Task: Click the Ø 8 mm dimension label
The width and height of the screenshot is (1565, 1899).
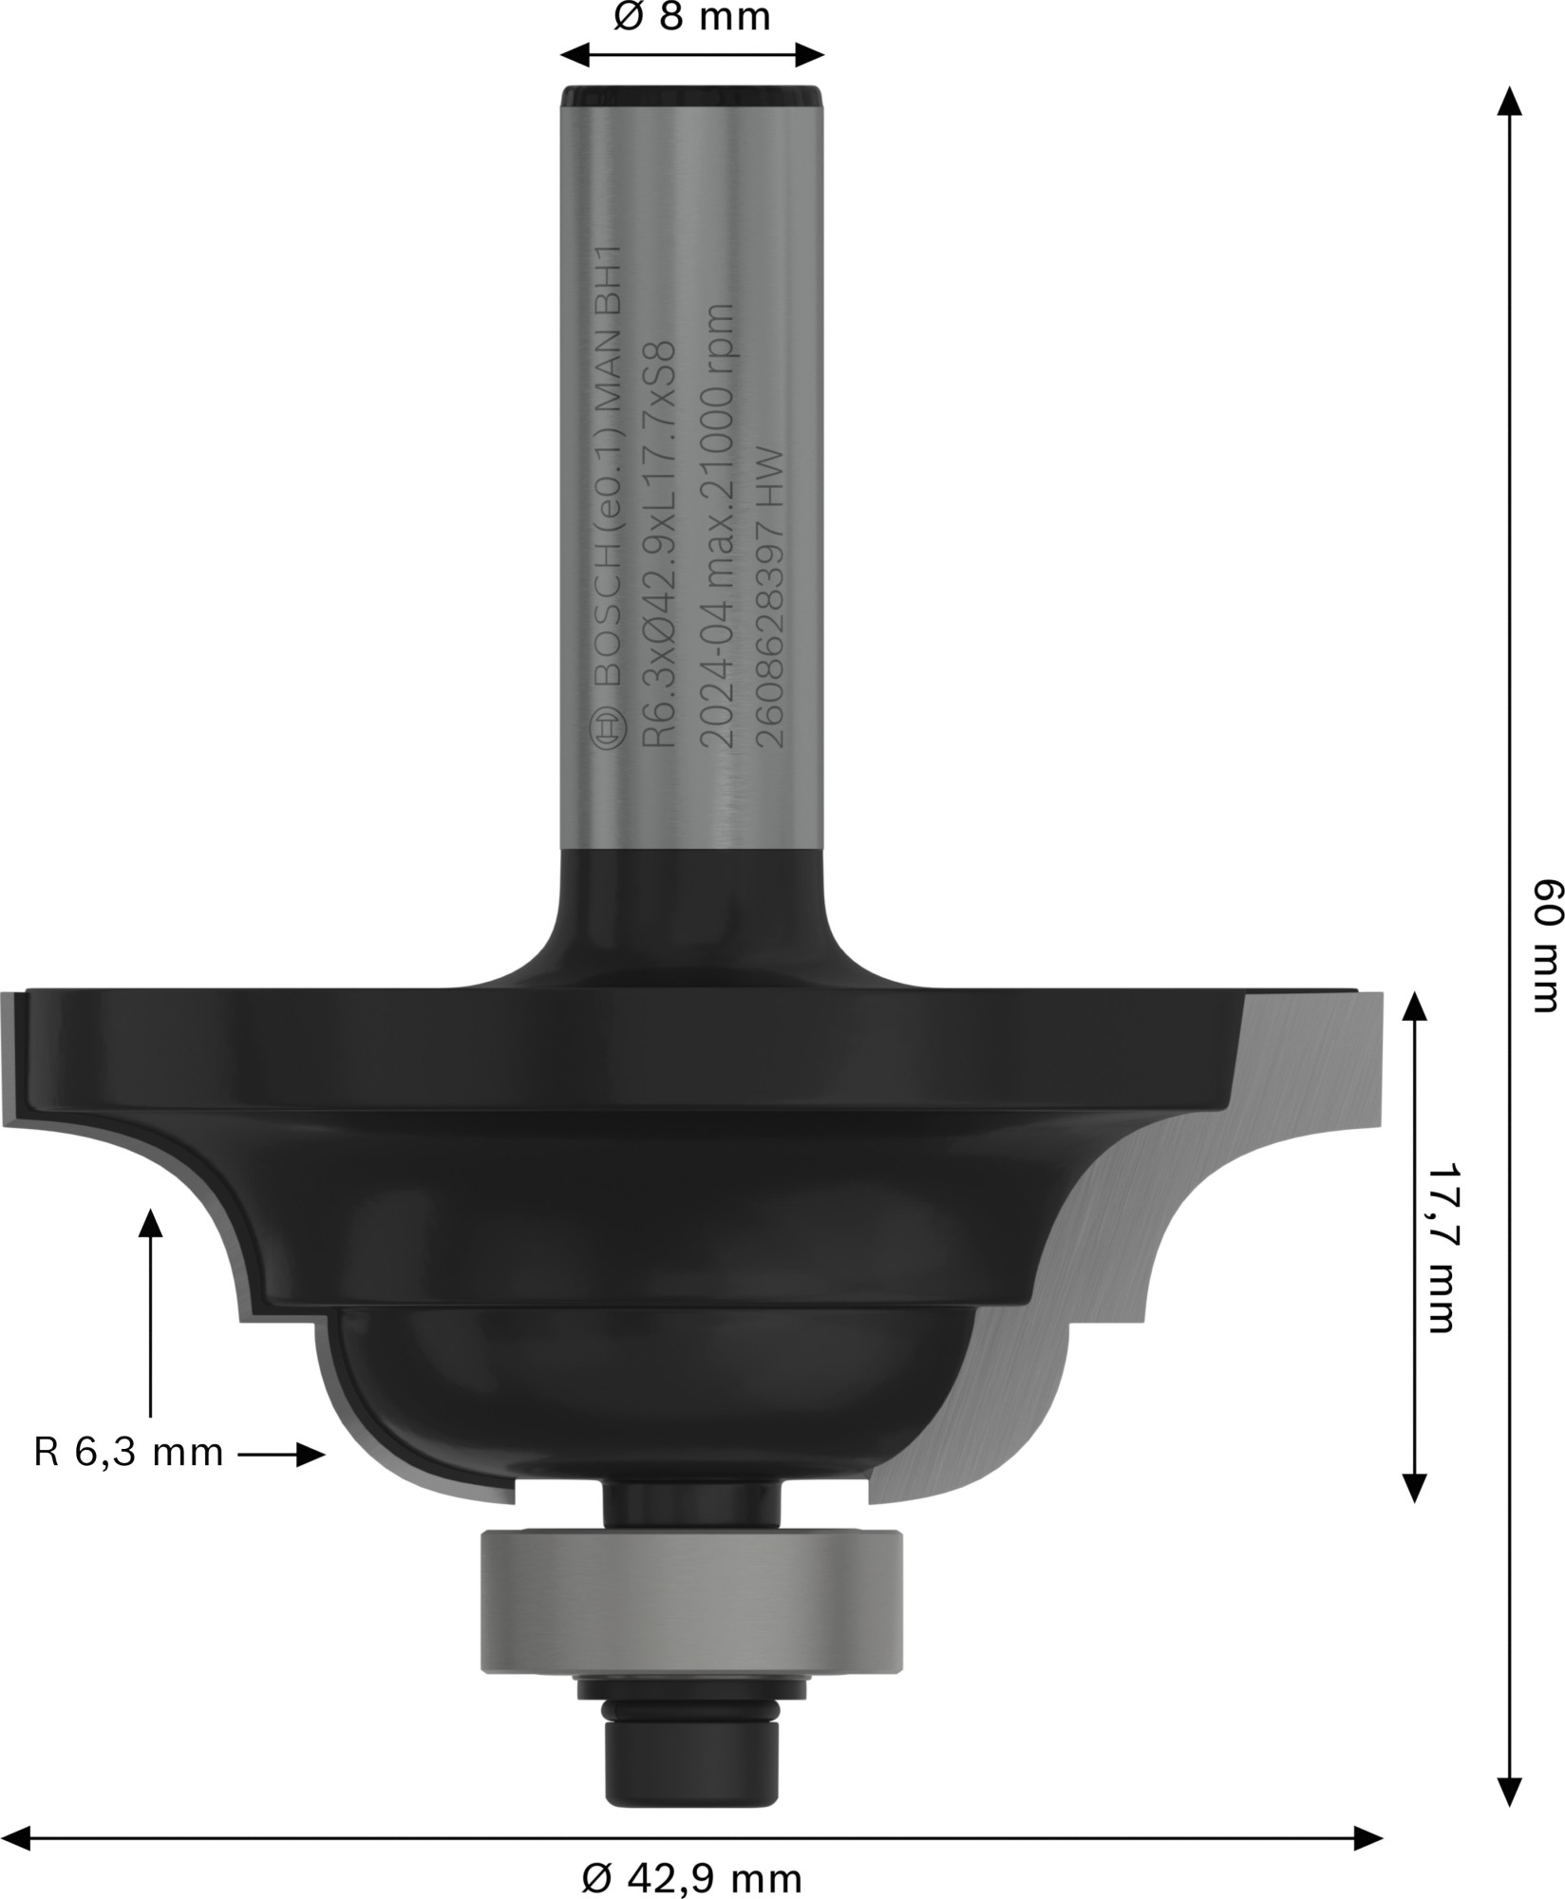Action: [x=691, y=17]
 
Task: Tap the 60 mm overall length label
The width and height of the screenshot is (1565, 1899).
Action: [x=1546, y=958]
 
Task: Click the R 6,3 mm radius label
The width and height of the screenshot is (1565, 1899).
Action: [x=128, y=1478]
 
